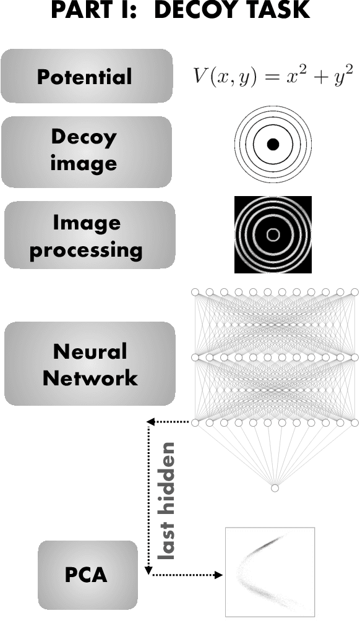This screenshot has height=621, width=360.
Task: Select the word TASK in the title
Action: tap(279, 12)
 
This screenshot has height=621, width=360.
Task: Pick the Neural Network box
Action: tap(90, 364)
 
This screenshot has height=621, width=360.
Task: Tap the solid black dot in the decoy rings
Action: tap(273, 145)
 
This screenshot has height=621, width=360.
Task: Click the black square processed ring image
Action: tap(273, 234)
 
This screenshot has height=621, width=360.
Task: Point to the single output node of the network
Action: tap(275, 488)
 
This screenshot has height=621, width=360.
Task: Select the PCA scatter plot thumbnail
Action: tap(270, 572)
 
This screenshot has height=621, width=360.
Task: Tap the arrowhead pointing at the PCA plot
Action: tap(218, 575)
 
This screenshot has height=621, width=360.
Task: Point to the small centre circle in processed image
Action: tap(273, 234)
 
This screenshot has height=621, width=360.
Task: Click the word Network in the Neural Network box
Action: tap(90, 377)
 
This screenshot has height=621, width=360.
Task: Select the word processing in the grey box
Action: tap(87, 251)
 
